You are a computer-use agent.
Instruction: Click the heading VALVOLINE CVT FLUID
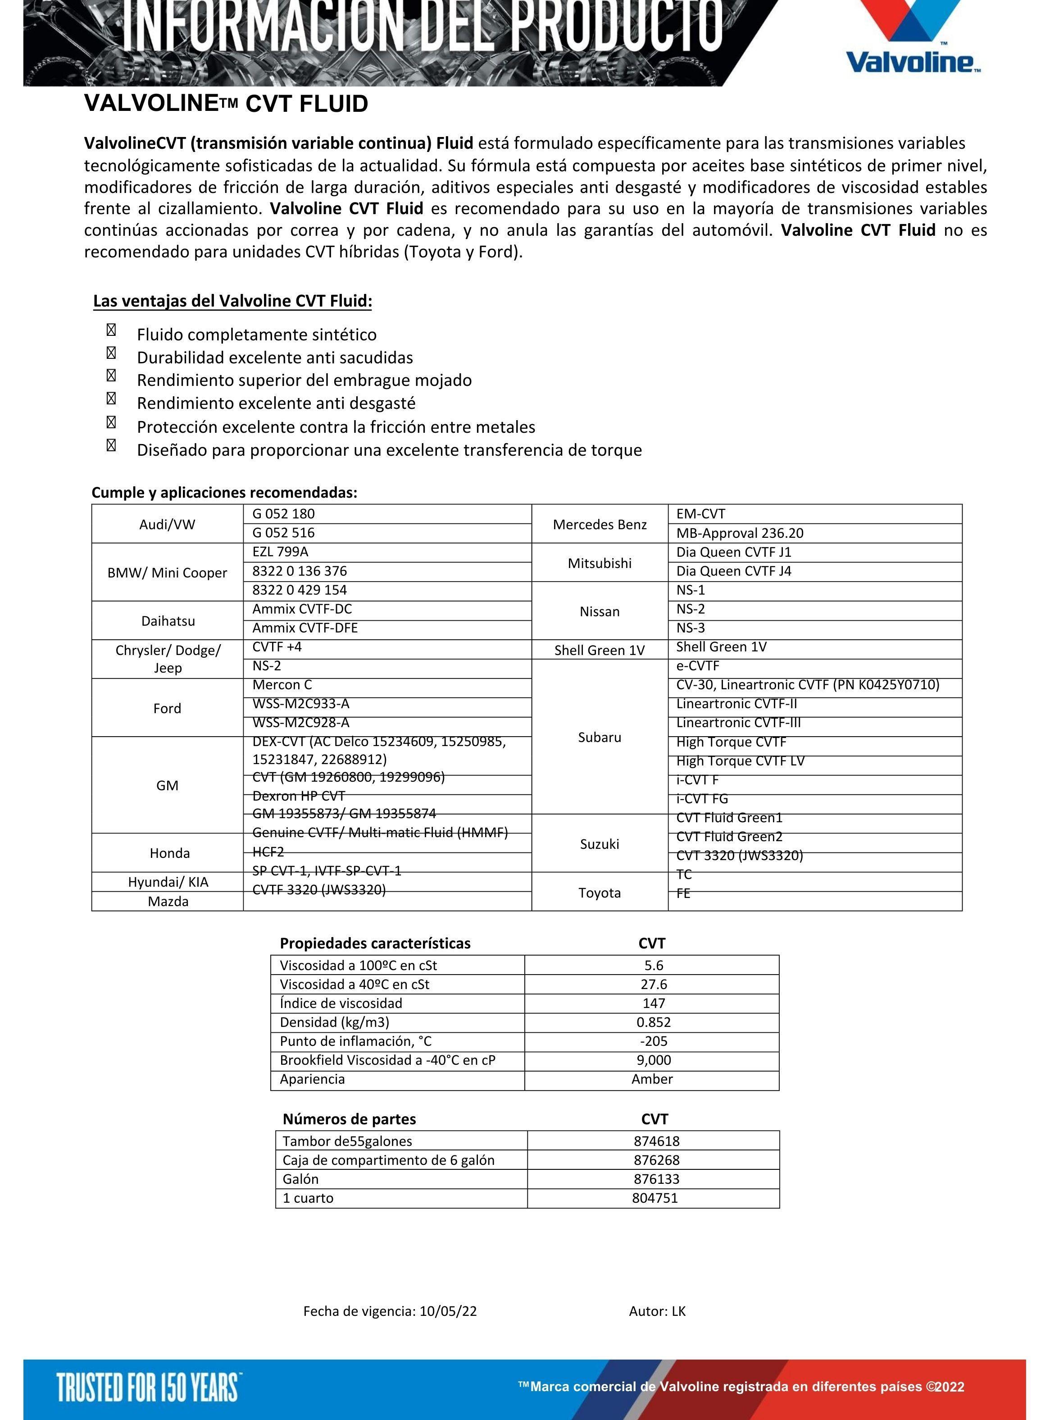click(x=226, y=104)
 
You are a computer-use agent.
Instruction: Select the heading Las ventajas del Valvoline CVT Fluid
click(x=232, y=301)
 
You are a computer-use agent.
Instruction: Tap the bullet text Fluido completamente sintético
click(x=256, y=334)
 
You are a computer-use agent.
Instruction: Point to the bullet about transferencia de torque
click(x=389, y=450)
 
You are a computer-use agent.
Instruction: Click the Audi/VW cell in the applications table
click(x=167, y=524)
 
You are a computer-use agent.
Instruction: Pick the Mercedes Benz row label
click(x=600, y=524)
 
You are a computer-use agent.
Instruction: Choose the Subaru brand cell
click(x=600, y=737)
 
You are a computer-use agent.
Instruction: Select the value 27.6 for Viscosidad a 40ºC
click(x=654, y=985)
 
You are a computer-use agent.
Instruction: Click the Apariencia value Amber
click(x=652, y=1079)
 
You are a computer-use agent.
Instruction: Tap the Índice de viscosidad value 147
click(x=654, y=1003)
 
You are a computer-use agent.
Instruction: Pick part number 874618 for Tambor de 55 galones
click(x=656, y=1141)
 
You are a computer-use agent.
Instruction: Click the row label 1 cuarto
click(x=308, y=1198)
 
